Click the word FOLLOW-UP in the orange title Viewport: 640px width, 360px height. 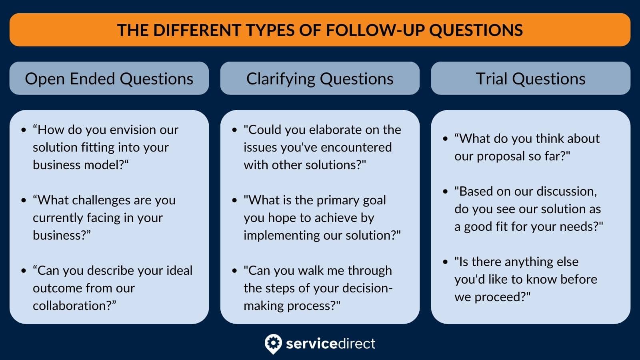(x=375, y=30)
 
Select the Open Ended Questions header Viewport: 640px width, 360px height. (x=109, y=79)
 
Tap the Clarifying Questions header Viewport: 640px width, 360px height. (x=320, y=79)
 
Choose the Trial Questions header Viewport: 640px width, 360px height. (x=530, y=79)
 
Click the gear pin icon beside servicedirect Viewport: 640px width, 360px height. (x=273, y=344)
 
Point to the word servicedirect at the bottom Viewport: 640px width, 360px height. (x=330, y=344)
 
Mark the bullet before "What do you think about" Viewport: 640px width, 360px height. (x=445, y=139)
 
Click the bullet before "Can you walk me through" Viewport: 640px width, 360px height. (x=234, y=271)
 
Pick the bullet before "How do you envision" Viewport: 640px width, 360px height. (x=24, y=130)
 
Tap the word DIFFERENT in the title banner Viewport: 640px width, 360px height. (x=195, y=30)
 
